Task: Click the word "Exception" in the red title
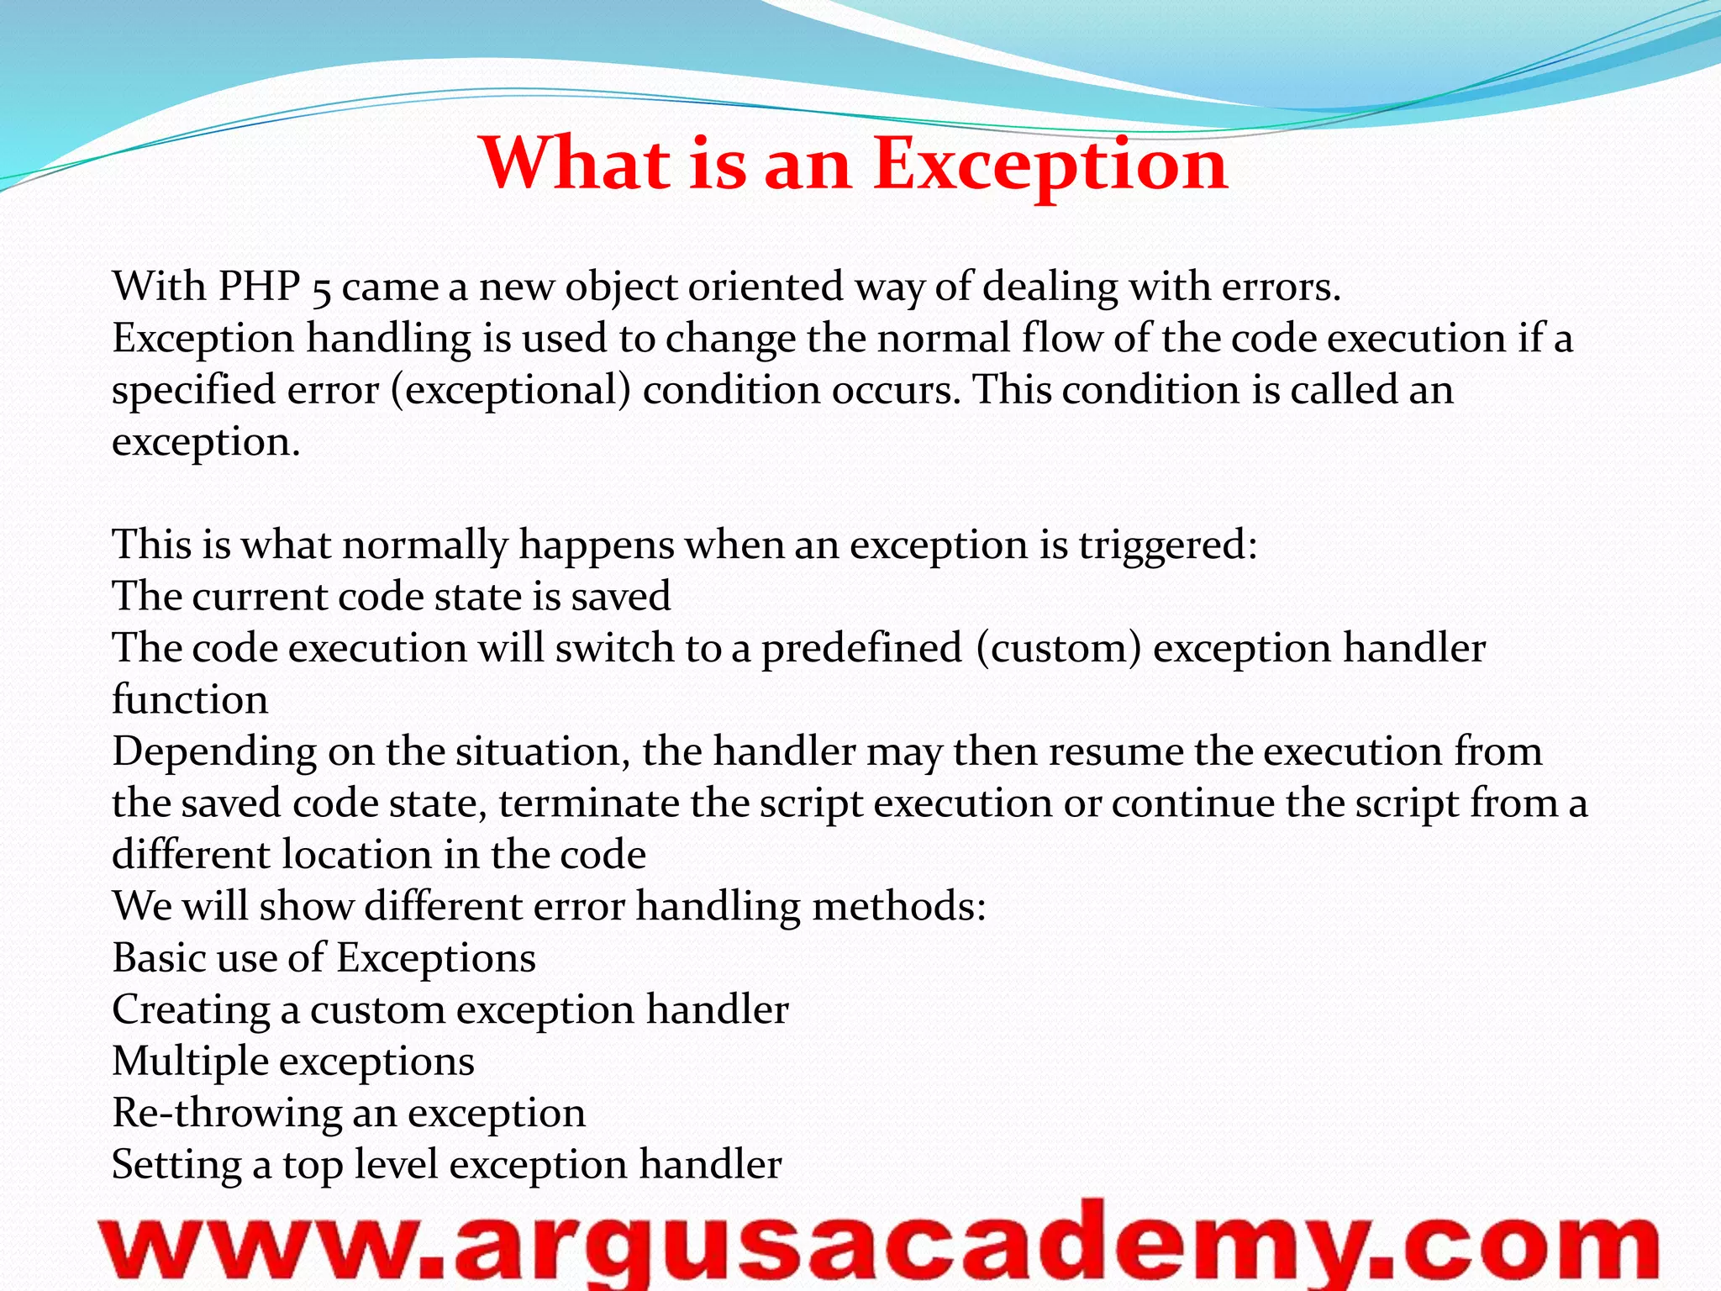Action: pyautogui.click(x=1050, y=164)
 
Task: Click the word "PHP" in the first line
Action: pyautogui.click(x=260, y=287)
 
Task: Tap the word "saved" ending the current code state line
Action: pyautogui.click(x=620, y=597)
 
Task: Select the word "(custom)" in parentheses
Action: pyautogui.click(x=1058, y=649)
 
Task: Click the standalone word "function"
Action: pyautogui.click(x=190, y=700)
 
